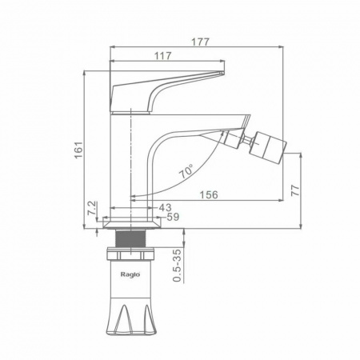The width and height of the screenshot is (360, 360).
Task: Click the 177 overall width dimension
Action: pos(201,42)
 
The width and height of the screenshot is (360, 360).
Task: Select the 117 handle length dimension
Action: pos(163,56)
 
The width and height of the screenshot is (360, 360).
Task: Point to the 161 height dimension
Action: pos(78,150)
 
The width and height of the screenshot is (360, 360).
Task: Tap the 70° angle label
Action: pos(187,171)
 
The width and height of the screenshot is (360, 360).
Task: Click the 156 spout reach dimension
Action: pos(209,194)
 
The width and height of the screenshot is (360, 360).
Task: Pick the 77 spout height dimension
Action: pos(295,190)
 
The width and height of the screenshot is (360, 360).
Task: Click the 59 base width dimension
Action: pos(173,217)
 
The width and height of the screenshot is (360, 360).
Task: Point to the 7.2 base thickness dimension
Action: pos(92,208)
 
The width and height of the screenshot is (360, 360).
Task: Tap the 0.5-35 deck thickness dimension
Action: pos(177,266)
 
